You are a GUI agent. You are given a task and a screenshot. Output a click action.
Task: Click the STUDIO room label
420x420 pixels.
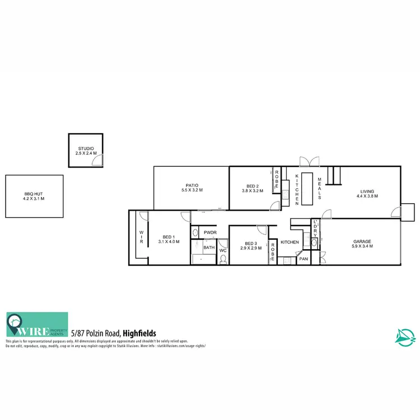tap(86, 148)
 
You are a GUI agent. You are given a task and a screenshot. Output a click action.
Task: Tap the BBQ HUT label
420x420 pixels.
tap(33, 194)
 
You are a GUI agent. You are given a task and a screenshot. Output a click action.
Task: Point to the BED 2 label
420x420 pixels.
tap(253, 186)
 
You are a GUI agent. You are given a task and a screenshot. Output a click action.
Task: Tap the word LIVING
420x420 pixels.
tap(367, 191)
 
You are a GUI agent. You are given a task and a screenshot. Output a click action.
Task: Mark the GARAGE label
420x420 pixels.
tap(362, 242)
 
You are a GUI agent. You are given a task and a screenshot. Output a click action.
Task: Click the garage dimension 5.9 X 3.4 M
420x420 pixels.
tap(362, 247)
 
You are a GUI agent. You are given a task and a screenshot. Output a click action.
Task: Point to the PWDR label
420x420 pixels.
tap(210, 232)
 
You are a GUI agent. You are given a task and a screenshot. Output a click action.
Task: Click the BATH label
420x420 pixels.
tap(209, 247)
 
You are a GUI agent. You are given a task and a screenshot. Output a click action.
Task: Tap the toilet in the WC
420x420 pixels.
tap(223, 258)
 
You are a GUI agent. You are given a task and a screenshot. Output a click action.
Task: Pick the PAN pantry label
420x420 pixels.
tap(304, 259)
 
